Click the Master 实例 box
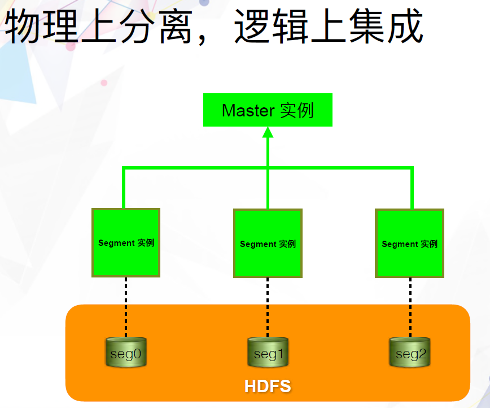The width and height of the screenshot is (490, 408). coord(268,110)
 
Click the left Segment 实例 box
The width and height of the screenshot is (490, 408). coord(126,242)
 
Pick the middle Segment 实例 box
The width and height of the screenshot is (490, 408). coord(268,244)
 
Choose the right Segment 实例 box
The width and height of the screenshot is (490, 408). coord(409,244)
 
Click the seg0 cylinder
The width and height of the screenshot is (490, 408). coord(126,353)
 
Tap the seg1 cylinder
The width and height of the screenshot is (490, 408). coord(268,353)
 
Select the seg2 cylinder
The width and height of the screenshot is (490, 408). coord(410,353)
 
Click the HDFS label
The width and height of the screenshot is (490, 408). coord(268,387)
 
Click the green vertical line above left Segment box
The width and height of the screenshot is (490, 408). coord(124,188)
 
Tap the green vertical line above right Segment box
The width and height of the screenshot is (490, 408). coord(412,188)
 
